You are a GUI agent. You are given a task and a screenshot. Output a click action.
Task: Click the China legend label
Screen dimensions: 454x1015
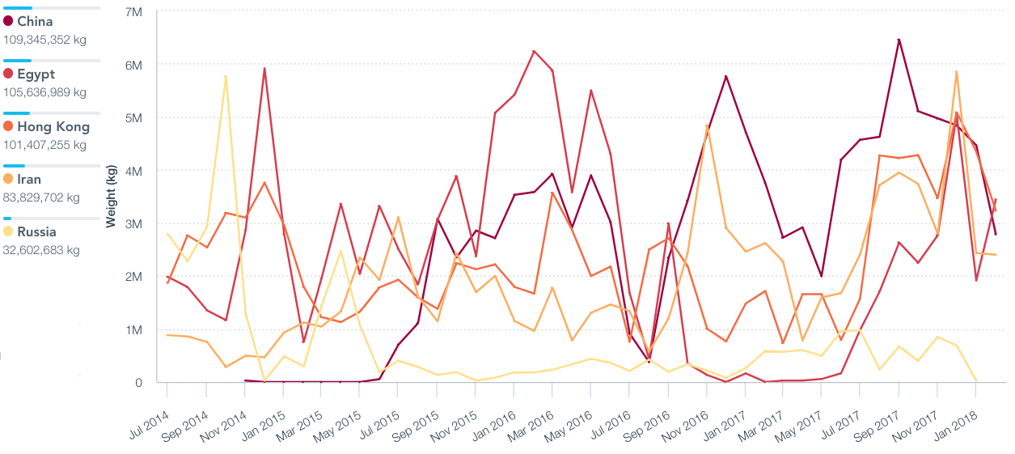(x=35, y=21)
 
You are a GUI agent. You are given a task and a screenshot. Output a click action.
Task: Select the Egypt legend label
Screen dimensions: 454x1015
(x=36, y=74)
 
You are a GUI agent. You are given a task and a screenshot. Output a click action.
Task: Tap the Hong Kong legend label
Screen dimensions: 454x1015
(x=53, y=126)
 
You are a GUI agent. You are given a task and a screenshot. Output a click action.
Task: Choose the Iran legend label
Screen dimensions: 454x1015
(x=29, y=179)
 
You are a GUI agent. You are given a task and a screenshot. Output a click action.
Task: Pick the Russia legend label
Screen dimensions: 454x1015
(x=36, y=231)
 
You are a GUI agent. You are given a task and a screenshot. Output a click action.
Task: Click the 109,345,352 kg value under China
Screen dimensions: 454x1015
(x=44, y=39)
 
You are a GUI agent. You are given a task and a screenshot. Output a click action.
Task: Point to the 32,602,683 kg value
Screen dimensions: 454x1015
(x=41, y=249)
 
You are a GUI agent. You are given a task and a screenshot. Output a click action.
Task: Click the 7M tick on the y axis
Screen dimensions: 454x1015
(x=134, y=12)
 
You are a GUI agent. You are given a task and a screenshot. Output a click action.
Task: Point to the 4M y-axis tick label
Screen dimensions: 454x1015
(x=134, y=171)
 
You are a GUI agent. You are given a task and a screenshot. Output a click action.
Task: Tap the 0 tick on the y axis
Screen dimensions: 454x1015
(x=139, y=383)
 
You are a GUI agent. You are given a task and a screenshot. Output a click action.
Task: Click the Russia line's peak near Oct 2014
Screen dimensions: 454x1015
(x=226, y=76)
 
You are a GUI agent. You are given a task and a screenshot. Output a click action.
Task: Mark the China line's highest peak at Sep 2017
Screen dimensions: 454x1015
(x=899, y=39)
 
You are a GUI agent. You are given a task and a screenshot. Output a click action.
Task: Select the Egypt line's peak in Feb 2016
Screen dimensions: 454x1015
(x=534, y=51)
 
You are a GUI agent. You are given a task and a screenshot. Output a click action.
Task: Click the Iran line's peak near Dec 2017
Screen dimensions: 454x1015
(x=956, y=71)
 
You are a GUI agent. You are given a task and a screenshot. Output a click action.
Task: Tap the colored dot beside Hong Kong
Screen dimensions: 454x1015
(x=8, y=127)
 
